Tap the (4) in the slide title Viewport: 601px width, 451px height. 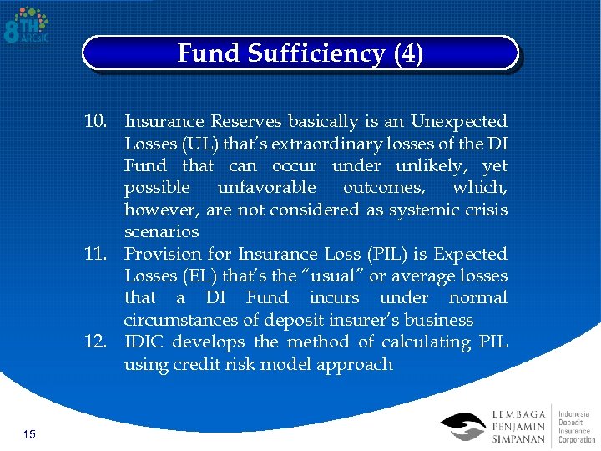tap(408, 54)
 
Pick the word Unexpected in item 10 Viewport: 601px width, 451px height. tap(458, 122)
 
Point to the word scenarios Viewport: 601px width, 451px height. tap(161, 231)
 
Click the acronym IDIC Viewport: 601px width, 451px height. tap(144, 342)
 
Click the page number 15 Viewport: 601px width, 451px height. tap(28, 433)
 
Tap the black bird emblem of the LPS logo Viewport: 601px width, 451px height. tap(462, 426)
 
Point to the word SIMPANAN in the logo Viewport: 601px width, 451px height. tap(518, 439)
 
